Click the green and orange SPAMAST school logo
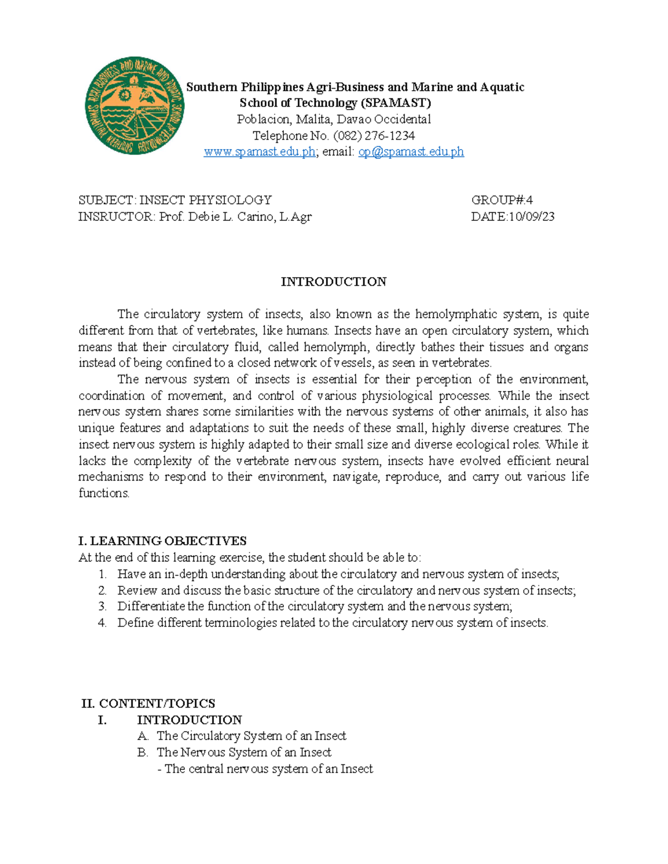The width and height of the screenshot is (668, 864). pos(134,106)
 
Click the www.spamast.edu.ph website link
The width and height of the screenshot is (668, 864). pos(259,152)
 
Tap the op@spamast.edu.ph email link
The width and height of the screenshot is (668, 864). pos(411,152)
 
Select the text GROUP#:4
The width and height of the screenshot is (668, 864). pos(502,200)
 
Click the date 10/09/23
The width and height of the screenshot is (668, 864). pos(531,217)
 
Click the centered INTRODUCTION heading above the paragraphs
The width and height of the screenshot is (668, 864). pos(333,282)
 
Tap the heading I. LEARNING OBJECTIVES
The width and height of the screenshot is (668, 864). pos(163,541)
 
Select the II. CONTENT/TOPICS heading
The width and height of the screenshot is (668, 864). pos(148,703)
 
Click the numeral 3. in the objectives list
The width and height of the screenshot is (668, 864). pos(102,606)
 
